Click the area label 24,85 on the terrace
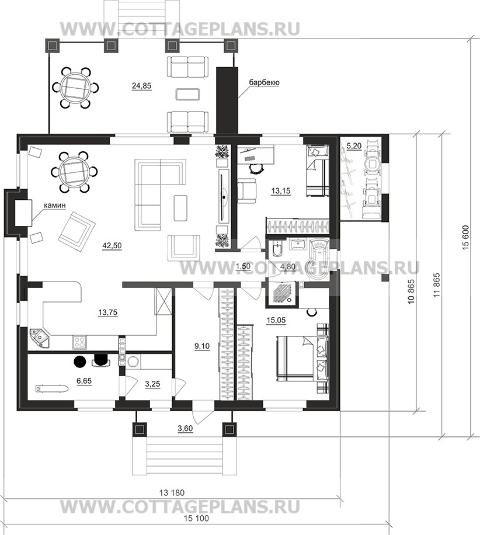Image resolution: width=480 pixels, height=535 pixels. pos(141,86)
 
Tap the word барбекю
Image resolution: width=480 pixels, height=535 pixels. pos(264,82)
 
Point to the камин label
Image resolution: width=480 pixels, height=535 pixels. pos(54,206)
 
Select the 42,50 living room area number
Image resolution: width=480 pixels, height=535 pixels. pos(112,246)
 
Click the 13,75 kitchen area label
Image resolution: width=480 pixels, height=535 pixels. pos(108,312)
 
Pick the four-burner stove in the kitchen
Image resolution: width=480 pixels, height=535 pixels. pos(79,342)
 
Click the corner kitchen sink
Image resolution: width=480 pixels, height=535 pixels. pos(39,338)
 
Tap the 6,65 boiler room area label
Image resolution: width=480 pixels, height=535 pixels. pos(84,381)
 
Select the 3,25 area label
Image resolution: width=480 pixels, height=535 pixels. pos(152,384)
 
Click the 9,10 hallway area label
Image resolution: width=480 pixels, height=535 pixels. pos(202,346)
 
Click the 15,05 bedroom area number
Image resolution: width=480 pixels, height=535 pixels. pos(276,320)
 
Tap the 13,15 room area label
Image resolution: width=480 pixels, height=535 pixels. pos(281,191)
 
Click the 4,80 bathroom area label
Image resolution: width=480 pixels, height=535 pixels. pos(287,266)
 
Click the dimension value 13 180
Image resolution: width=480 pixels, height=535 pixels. pos(172,493)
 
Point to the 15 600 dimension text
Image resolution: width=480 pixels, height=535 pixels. pos(467,238)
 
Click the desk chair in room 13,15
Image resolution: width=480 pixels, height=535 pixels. pos(255,168)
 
